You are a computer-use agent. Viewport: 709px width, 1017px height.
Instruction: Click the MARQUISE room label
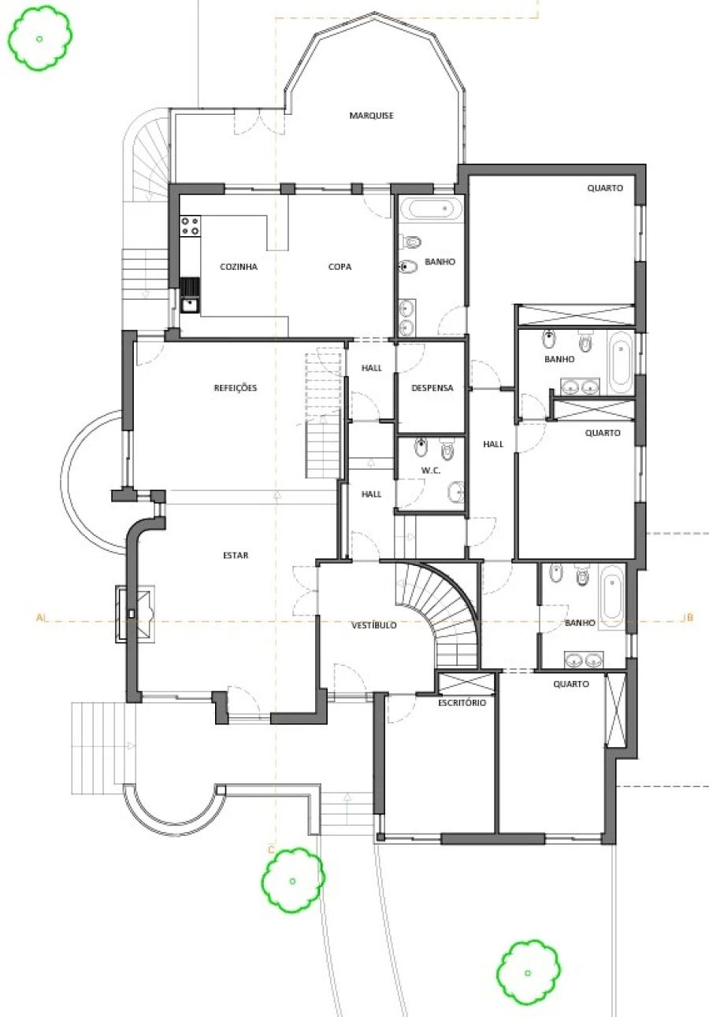click(x=371, y=116)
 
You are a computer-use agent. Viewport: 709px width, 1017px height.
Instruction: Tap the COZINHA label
click(x=239, y=267)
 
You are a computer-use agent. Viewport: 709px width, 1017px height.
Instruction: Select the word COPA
click(x=340, y=267)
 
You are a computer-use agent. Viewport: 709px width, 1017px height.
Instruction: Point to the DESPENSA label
click(x=432, y=388)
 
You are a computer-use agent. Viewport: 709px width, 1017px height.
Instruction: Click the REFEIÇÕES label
click(x=236, y=388)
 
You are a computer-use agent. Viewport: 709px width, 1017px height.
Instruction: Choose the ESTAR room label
click(x=236, y=555)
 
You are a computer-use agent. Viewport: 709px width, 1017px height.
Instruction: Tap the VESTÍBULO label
click(x=374, y=625)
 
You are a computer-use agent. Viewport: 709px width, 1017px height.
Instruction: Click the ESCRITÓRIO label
click(x=462, y=702)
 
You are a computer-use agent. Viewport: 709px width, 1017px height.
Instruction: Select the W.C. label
click(x=430, y=471)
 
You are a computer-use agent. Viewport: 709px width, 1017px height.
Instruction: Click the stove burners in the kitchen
click(x=191, y=226)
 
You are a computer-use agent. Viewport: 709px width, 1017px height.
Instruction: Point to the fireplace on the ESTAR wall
click(x=135, y=614)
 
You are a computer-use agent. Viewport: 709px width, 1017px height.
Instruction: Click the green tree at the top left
click(x=39, y=39)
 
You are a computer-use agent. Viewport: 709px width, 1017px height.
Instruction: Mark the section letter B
click(x=689, y=617)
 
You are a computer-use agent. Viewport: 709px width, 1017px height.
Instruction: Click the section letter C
click(x=271, y=849)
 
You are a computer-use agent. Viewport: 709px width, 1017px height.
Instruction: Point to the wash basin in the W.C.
click(x=456, y=491)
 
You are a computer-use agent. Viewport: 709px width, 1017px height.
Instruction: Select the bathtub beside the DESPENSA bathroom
click(x=436, y=209)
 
